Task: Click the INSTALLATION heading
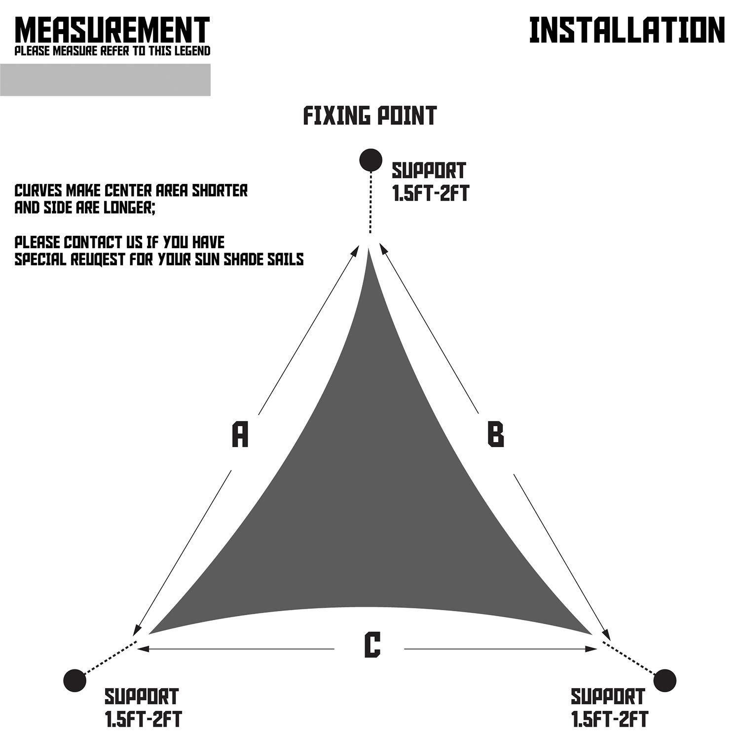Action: point(627,31)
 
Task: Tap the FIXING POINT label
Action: point(370,116)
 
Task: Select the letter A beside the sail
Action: point(240,434)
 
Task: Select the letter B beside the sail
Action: point(495,434)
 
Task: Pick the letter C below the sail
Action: point(372,645)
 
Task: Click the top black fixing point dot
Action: point(370,160)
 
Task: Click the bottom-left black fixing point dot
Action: point(75,681)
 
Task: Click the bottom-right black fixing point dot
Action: point(665,681)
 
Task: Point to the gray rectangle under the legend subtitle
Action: point(105,79)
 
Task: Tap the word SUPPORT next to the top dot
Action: point(429,171)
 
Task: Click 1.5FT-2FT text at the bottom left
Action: point(143,720)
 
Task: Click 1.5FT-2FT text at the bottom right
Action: point(610,720)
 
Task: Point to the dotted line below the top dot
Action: point(370,202)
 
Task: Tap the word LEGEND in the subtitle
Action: point(192,51)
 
